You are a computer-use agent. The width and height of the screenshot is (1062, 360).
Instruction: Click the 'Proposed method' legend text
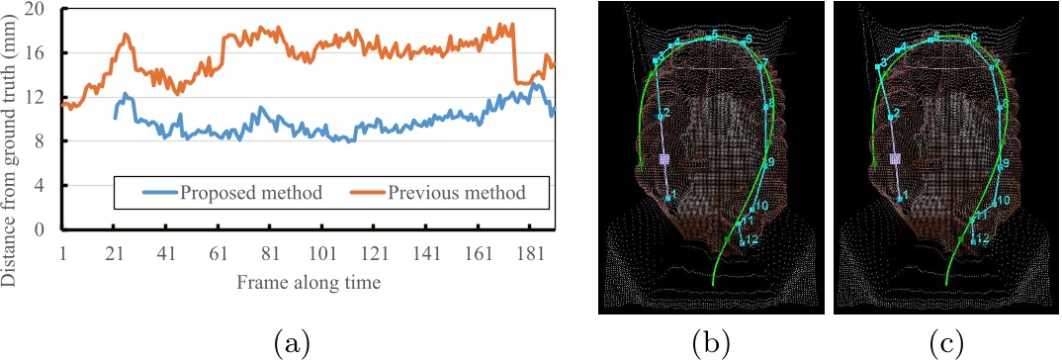pyautogui.click(x=251, y=192)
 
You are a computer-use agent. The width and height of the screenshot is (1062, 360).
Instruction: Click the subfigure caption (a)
pyautogui.click(x=289, y=343)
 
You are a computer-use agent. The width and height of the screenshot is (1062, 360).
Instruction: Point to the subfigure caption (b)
pyautogui.click(x=711, y=343)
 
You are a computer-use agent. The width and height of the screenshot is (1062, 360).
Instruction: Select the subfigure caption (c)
pyautogui.click(x=944, y=343)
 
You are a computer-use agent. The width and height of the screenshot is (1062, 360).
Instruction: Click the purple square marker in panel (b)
pyautogui.click(x=664, y=158)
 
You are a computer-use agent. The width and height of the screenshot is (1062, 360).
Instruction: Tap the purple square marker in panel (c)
pyautogui.click(x=896, y=158)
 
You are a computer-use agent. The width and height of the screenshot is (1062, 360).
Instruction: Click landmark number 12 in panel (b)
pyautogui.click(x=753, y=239)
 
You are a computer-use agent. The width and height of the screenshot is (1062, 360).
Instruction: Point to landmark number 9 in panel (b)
pyautogui.click(x=771, y=161)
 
